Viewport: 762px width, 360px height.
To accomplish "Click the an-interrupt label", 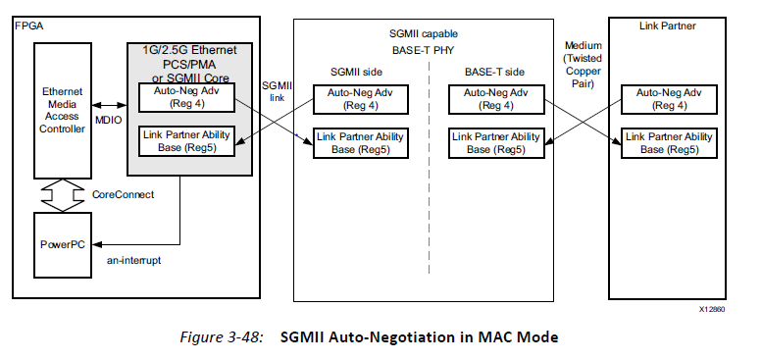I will tap(137, 264).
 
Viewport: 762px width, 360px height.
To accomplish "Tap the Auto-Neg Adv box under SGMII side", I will tap(352, 98).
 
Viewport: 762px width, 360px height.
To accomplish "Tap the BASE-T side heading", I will tap(494, 72).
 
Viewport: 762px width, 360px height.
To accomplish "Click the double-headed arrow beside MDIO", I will tap(108, 103).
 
